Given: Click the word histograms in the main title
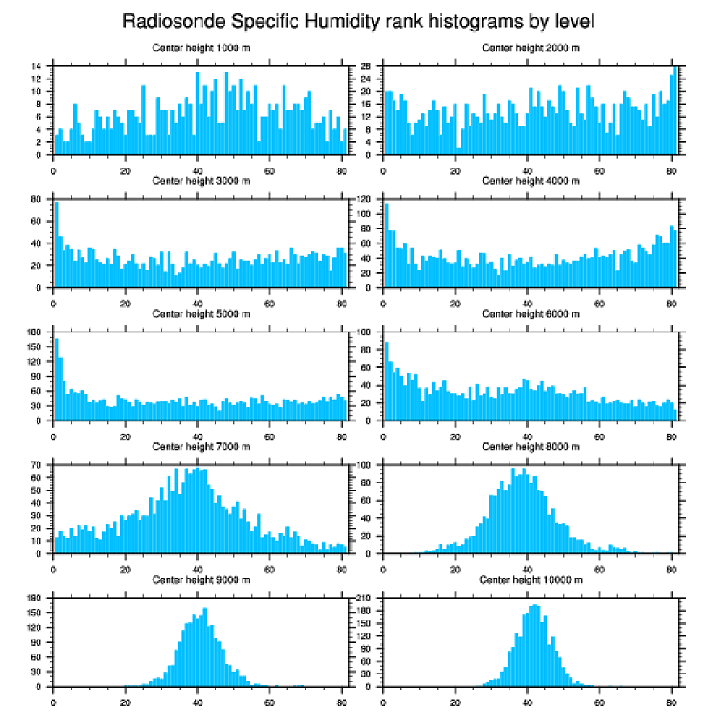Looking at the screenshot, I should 448,20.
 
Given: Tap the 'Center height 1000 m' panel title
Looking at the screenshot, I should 201,48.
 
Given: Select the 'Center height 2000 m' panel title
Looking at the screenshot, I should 531,48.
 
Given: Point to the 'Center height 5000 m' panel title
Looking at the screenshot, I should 201,314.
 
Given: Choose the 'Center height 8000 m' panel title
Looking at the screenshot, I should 531,447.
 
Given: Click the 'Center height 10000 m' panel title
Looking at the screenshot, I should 531,579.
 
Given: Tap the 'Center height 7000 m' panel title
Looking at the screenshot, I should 201,447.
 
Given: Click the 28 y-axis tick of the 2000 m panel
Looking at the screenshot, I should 367,66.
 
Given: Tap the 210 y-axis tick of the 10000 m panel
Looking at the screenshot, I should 366,598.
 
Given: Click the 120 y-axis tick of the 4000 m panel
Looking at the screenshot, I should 366,200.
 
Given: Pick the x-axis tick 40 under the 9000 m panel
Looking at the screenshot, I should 198,698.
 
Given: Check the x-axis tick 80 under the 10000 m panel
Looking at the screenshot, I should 671,698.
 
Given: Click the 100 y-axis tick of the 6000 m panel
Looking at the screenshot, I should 366,332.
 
